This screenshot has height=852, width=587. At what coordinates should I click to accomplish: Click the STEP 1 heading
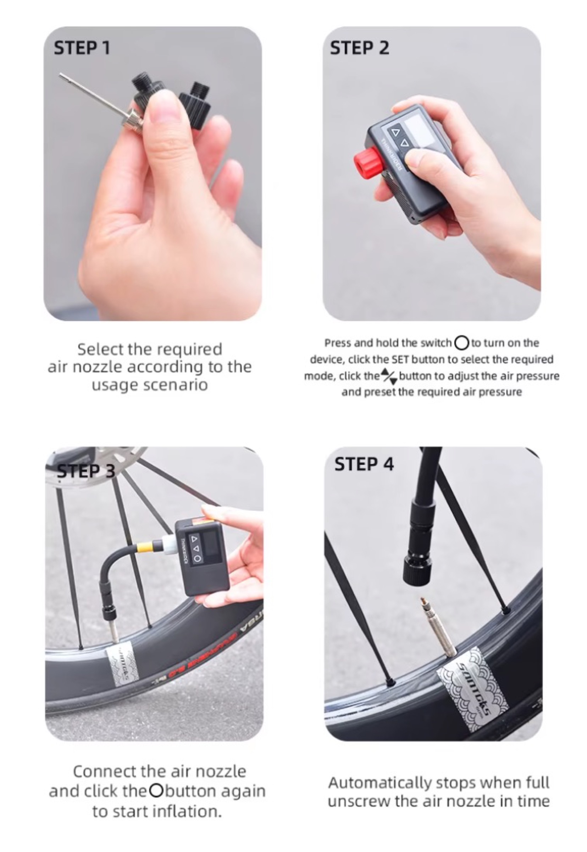tap(82, 48)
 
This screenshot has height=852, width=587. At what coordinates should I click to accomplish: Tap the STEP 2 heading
tap(359, 48)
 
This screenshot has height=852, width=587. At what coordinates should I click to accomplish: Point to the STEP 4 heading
tap(364, 464)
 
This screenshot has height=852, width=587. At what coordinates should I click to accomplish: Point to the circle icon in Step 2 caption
tap(462, 343)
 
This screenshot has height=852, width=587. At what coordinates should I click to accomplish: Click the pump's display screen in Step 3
tap(211, 544)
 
